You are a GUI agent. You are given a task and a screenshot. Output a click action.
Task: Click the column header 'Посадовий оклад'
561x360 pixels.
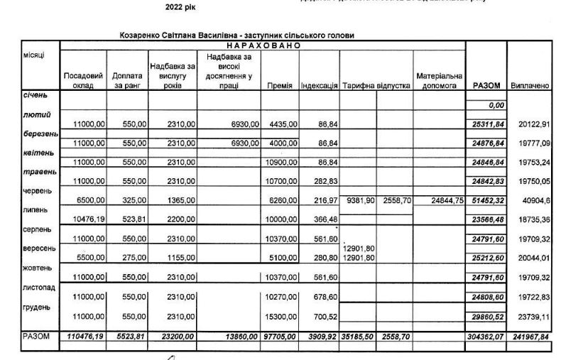point(83,80)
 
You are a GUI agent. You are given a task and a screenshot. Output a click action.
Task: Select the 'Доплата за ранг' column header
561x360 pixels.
point(128,80)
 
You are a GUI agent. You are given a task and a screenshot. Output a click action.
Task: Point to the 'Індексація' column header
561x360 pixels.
point(319,86)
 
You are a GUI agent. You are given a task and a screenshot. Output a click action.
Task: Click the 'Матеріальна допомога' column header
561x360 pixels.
point(439,80)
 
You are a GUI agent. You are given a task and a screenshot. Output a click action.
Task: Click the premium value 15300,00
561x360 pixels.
point(283,316)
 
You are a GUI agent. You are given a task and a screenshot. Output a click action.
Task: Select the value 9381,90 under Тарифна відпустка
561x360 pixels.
point(358,201)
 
